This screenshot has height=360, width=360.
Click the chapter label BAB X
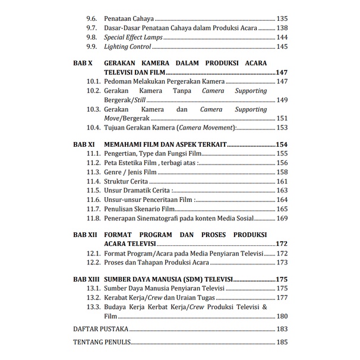[82, 63]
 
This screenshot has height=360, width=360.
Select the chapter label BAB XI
[83, 144]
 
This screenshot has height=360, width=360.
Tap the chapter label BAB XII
[84, 235]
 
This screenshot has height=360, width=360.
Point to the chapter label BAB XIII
[86, 279]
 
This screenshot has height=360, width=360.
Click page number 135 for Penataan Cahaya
[282, 19]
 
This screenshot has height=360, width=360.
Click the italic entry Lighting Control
[128, 46]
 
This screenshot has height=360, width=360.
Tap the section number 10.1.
[93, 81]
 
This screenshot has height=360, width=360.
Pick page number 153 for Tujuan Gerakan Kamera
[282, 127]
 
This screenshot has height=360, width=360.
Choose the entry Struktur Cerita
[128, 181]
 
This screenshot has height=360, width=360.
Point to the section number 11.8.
[93, 218]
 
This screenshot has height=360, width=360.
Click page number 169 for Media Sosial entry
[282, 218]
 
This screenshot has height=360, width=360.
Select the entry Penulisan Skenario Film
[141, 209]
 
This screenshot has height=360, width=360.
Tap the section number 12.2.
[93, 262]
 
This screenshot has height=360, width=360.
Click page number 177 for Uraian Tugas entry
[282, 297]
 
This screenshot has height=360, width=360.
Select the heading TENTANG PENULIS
[102, 343]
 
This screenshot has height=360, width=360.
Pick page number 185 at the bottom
[282, 343]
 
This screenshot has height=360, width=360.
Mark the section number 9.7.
[91, 28]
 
